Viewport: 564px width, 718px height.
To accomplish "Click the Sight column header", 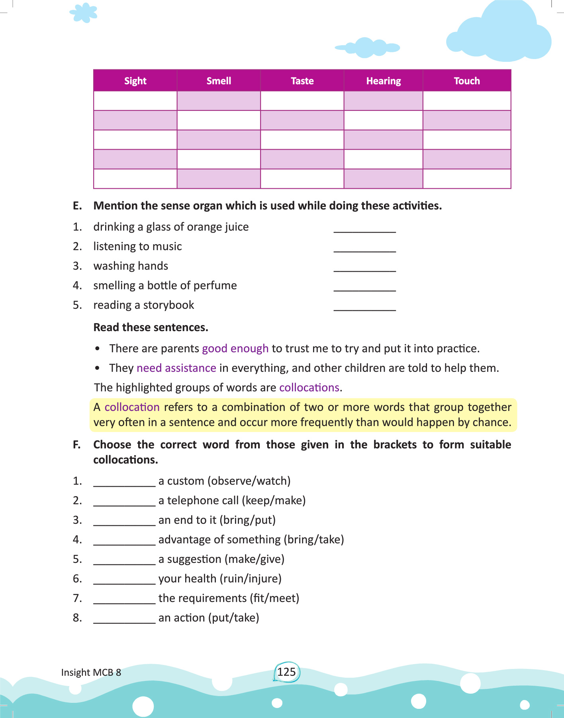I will coord(135,81).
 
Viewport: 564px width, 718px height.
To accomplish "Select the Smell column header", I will coord(219,81).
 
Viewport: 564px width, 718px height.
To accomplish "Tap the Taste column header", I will coord(302,81).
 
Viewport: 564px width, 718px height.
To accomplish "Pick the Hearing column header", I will coord(383,81).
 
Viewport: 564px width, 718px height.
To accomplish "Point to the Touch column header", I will coord(467,81).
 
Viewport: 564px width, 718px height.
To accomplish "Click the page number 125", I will coord(286,672).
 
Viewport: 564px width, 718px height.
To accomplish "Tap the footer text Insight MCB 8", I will coord(91,673).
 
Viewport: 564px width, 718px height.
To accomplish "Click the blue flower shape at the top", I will coord(84,13).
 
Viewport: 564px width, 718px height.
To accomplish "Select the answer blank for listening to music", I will coord(364,248).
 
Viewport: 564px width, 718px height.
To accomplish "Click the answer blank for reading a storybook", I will coord(364,307).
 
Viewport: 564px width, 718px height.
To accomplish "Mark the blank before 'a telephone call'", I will coord(124,502).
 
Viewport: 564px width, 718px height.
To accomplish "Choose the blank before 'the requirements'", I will coord(124,600).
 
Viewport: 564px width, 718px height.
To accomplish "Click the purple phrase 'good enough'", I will coord(235,349).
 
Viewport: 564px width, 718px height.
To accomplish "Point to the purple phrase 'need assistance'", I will coord(176,368).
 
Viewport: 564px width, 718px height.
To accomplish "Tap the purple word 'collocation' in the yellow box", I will coord(132,407).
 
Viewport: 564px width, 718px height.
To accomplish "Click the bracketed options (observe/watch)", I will coord(249,481).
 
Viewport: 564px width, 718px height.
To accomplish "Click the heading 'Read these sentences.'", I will coord(151,327).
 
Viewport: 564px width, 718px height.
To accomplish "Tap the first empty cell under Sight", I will coord(135,101).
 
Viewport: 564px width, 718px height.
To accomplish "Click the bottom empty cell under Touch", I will coord(467,179).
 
